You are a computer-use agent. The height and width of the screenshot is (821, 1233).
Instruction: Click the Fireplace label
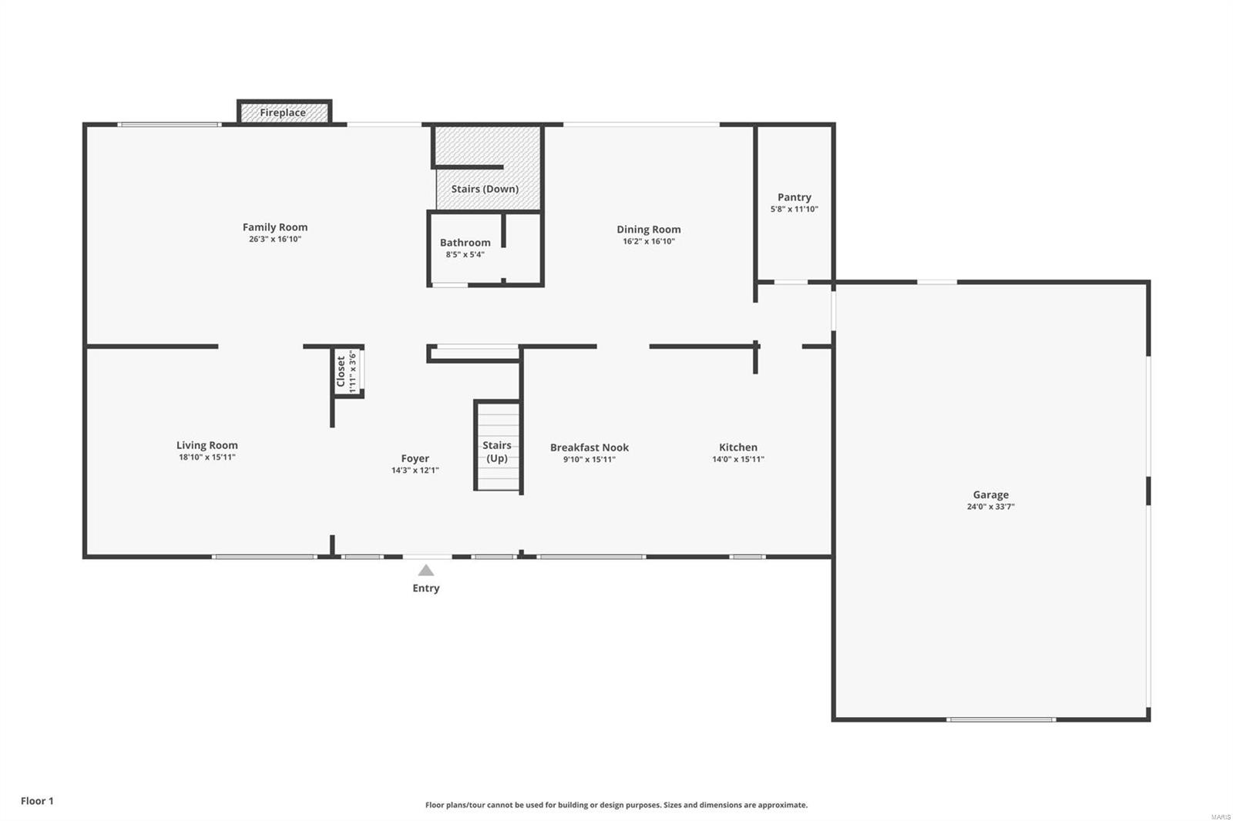(x=283, y=112)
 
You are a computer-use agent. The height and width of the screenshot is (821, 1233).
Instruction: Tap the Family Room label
(x=275, y=227)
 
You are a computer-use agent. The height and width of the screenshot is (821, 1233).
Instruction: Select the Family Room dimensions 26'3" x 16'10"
(x=275, y=240)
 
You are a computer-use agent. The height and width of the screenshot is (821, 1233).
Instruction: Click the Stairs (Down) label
(x=485, y=189)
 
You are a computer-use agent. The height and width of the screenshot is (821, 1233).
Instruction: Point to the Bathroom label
(x=465, y=243)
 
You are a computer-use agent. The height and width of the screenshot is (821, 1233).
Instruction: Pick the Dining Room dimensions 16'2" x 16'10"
(x=649, y=241)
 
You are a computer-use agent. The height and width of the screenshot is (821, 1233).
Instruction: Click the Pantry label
(x=794, y=197)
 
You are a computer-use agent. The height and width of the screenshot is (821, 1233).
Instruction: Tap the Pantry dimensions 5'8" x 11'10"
(x=794, y=209)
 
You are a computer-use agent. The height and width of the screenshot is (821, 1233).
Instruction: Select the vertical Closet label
(x=341, y=371)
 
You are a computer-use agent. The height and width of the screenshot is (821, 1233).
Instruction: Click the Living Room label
(x=207, y=445)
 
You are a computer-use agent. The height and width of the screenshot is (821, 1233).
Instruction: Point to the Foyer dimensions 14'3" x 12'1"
(x=415, y=471)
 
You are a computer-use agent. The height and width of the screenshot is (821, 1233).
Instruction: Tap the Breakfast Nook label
(x=590, y=447)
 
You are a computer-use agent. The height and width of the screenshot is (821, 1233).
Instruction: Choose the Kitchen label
(x=738, y=447)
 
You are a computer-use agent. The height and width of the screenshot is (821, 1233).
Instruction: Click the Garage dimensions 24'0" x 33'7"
(x=990, y=507)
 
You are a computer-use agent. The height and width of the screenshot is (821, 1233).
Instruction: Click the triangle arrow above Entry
(x=426, y=571)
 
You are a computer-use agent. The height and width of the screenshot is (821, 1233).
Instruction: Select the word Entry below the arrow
(x=426, y=588)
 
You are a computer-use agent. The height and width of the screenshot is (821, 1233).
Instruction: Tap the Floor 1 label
(x=37, y=801)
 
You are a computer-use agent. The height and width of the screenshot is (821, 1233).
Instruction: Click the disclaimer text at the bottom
(x=616, y=805)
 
